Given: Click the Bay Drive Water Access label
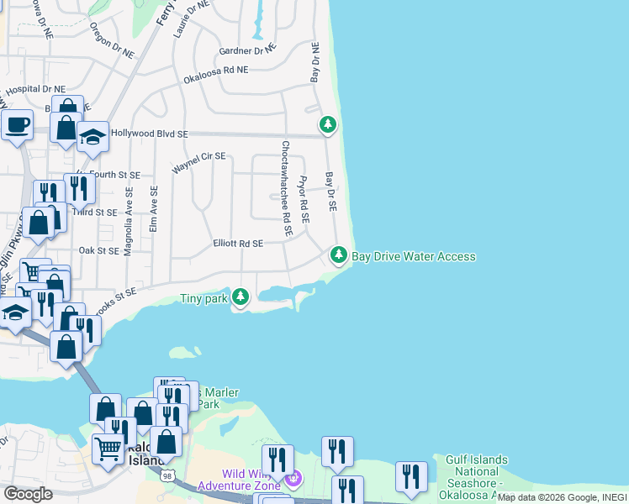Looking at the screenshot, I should [414, 256].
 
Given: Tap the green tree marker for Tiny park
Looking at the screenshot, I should [240, 297].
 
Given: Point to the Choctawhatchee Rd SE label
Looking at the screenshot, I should [286, 188].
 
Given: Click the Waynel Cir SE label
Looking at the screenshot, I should [199, 162].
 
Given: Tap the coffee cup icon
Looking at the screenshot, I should [17, 126].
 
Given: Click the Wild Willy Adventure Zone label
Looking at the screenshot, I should [240, 480].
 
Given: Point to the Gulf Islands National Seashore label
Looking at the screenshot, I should [476, 471].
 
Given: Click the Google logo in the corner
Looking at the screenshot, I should [27, 494].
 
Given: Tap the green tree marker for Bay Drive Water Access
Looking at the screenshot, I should [338, 254].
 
